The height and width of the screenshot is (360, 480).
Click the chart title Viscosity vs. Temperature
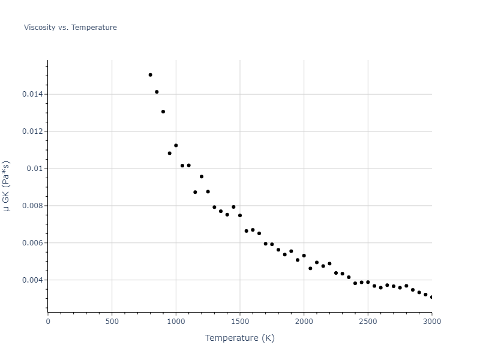click(70, 28)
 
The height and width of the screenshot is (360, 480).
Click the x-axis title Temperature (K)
click(239, 338)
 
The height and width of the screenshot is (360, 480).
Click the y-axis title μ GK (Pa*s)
click(7, 186)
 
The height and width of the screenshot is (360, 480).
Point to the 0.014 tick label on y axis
click(32, 94)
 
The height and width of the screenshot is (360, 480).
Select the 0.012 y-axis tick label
click(32, 131)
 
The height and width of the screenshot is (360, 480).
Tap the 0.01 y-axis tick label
click(35, 169)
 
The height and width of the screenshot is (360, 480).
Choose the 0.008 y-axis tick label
click(32, 206)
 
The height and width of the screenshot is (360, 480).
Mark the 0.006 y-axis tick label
click(32, 243)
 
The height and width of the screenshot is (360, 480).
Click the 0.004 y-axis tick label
click(32, 280)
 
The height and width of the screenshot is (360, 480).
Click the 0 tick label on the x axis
click(48, 321)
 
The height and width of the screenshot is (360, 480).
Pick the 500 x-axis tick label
click(112, 321)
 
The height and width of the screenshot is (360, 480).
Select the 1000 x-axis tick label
click(176, 321)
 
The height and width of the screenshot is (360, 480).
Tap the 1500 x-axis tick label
click(240, 321)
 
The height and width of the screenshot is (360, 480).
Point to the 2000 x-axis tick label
click(304, 321)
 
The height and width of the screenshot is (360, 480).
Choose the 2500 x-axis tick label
click(368, 321)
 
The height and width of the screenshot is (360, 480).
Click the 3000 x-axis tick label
click(431, 321)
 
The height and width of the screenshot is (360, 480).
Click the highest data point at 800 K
click(150, 75)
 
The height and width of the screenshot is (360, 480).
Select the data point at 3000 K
click(431, 297)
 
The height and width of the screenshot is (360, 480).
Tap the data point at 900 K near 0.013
click(163, 112)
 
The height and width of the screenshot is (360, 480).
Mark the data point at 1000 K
click(176, 145)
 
